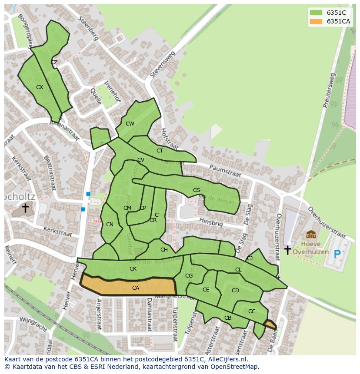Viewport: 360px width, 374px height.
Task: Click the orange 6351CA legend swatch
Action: (x=316, y=21)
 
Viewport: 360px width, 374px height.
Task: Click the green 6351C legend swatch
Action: (x=316, y=13)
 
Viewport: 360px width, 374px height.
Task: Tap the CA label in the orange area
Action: (x=136, y=288)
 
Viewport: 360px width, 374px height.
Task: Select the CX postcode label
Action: (x=40, y=87)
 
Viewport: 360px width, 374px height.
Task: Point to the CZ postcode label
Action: (x=54, y=63)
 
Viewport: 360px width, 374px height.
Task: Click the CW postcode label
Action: (x=130, y=124)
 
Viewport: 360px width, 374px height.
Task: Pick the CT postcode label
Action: (x=160, y=151)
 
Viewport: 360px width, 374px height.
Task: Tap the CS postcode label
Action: (x=197, y=190)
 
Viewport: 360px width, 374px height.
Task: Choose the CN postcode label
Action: (x=110, y=225)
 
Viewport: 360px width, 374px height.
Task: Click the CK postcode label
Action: (x=133, y=269)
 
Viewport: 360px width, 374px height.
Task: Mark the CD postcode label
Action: (x=235, y=291)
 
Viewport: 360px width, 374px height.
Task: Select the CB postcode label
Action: (x=228, y=318)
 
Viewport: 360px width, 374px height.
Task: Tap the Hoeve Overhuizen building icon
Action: (x=311, y=235)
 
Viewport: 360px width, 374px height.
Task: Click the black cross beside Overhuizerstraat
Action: (x=287, y=250)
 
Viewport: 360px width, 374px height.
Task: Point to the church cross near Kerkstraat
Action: (x=25, y=208)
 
